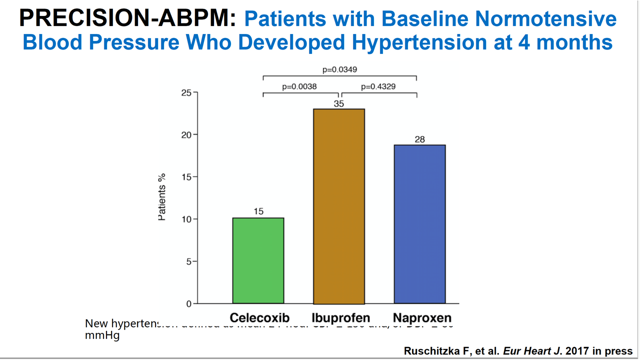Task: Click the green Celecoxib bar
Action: pos(258,260)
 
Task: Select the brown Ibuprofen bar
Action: pos(339,206)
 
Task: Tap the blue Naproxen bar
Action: pos(419,224)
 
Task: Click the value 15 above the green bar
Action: pos(258,211)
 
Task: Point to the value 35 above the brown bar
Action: pos(339,103)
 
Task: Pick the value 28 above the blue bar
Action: pos(419,139)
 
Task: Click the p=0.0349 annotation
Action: pos(339,69)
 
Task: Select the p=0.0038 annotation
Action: pos(299,86)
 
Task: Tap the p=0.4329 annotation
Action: pos(378,86)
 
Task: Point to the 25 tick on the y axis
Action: pos(185,92)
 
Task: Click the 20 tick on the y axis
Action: pos(185,135)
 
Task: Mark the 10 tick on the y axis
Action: pos(185,219)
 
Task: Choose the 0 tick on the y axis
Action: pos(188,304)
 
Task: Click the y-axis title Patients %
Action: pos(162,196)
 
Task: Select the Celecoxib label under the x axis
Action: pos(259,318)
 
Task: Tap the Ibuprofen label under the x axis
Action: pos(340,318)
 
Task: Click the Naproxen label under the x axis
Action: pos(421,318)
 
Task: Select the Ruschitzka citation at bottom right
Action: pos(518,351)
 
